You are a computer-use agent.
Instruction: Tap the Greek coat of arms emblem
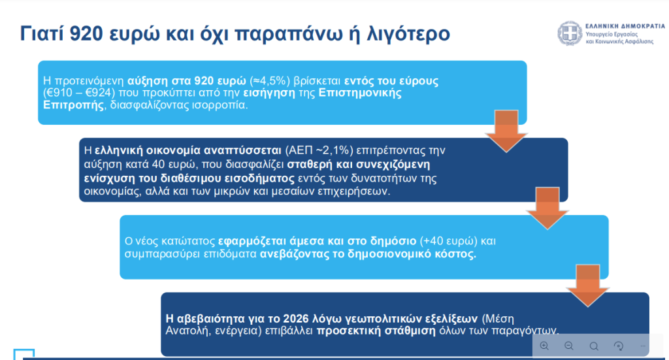[x=568, y=33]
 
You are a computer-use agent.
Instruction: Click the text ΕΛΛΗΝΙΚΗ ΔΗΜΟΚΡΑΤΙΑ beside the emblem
[x=621, y=25]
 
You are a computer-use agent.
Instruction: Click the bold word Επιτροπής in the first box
[x=73, y=105]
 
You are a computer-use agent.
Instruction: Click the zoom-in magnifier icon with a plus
[x=544, y=346]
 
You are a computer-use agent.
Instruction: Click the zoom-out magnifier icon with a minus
[x=569, y=346]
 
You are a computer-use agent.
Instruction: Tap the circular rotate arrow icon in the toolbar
[x=619, y=346]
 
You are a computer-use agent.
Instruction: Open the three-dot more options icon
[x=643, y=346]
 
